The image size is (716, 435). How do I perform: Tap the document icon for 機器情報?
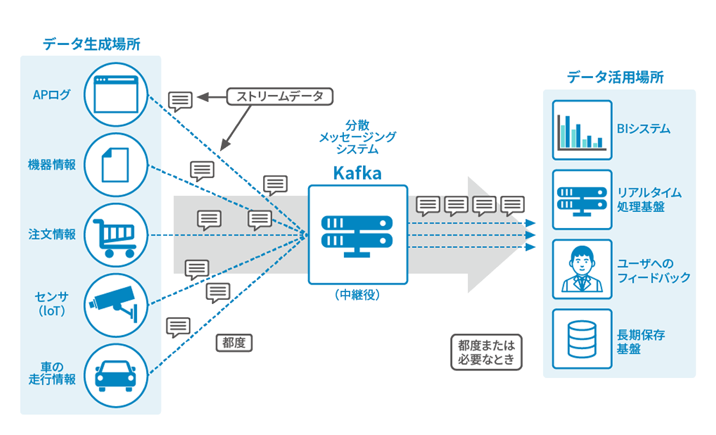pos(116,164)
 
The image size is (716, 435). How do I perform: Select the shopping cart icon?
pos(116,234)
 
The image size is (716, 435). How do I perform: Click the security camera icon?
pos(116,304)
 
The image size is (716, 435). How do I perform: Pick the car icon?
pos(116,375)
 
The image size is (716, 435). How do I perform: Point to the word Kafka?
pos(357,174)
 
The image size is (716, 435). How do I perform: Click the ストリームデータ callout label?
pos(280,97)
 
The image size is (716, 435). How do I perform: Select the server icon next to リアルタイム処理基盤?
pos(582,199)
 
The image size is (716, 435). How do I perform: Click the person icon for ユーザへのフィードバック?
pos(582,270)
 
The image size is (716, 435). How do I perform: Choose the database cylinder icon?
pos(582,339)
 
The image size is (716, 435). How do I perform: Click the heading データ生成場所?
pos(91,44)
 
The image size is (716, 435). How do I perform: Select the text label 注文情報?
pos(52,234)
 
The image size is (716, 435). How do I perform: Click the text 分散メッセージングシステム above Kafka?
pos(357,136)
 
